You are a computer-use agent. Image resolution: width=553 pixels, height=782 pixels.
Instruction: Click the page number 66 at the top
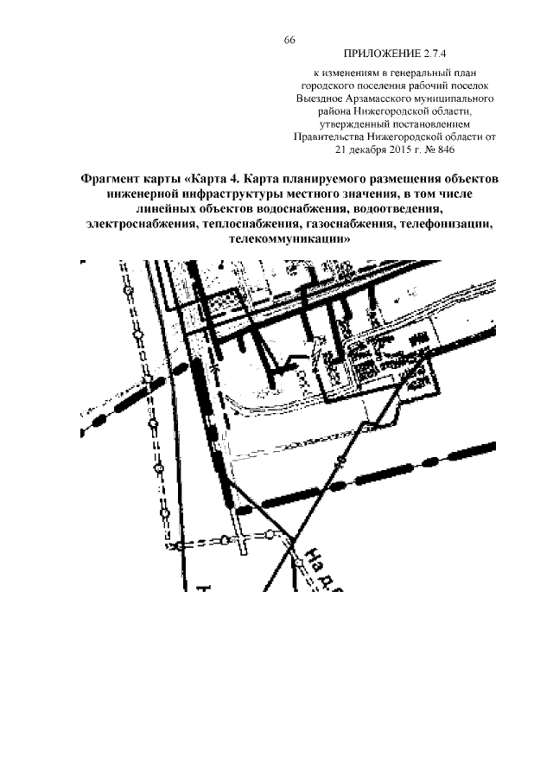point(289,40)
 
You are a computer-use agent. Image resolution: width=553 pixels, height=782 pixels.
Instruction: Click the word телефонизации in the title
point(443,225)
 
